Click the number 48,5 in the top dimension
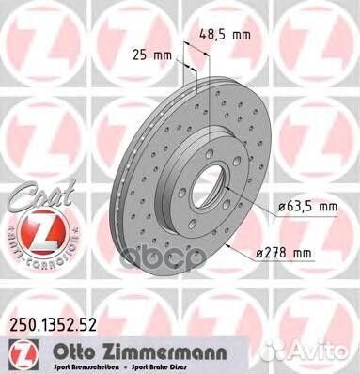tap(212, 37)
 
